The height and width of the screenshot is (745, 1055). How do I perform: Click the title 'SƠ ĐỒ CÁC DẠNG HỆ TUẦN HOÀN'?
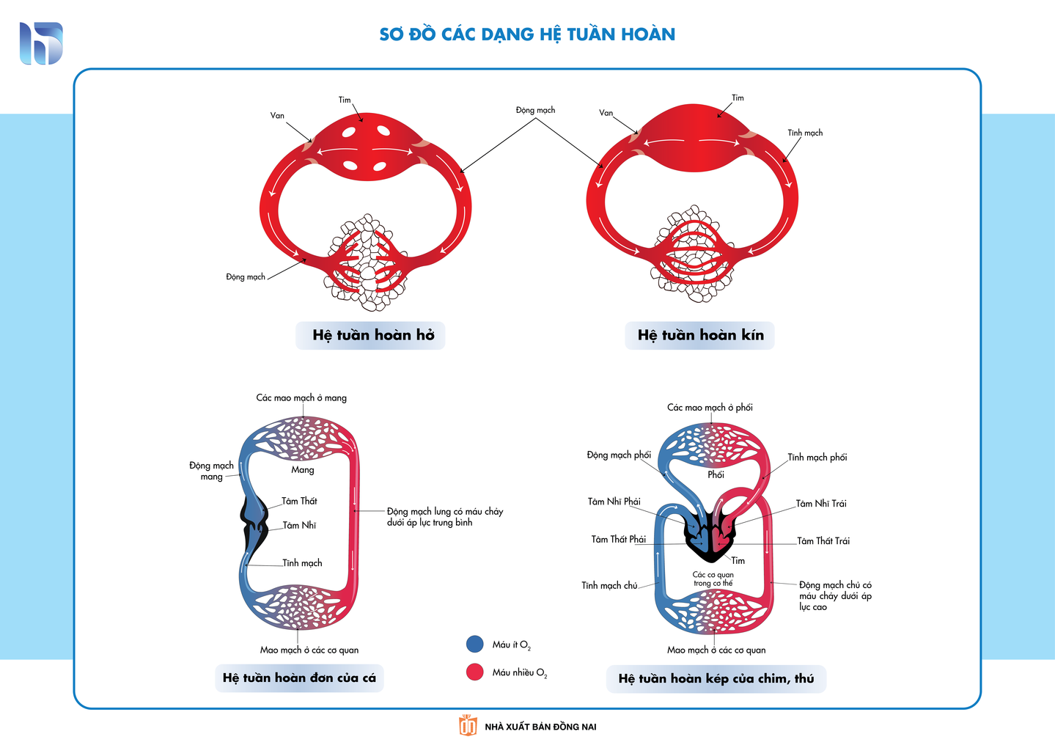527,34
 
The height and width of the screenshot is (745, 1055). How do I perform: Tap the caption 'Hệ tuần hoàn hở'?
373,335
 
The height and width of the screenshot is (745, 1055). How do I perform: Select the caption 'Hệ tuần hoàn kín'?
700,335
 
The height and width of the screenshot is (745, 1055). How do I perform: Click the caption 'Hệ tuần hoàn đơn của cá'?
299,678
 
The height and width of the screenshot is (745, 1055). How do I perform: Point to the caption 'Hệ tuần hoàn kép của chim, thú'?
716,679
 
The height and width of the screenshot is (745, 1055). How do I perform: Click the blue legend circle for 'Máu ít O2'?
475,645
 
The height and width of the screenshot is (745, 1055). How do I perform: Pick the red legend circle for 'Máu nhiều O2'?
475,672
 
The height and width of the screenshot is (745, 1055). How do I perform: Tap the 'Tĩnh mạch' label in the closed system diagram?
805,133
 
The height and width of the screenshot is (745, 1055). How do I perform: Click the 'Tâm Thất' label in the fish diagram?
299,501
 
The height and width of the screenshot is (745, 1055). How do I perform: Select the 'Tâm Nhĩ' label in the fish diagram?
299,525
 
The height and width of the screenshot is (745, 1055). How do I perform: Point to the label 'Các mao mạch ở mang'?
301,397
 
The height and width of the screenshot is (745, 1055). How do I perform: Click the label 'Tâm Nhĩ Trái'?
821,504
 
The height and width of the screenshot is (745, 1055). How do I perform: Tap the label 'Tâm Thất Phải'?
618,539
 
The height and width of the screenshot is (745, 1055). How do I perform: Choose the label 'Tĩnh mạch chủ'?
609,585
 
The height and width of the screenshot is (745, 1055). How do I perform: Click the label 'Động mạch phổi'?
619,455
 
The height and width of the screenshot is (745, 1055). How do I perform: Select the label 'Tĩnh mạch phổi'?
817,457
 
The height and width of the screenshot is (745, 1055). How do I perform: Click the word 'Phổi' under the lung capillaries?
716,474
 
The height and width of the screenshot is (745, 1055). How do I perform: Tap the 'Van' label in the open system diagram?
277,116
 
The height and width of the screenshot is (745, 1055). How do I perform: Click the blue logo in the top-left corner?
41,43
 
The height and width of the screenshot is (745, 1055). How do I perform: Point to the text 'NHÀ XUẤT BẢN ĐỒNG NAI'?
540,727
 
